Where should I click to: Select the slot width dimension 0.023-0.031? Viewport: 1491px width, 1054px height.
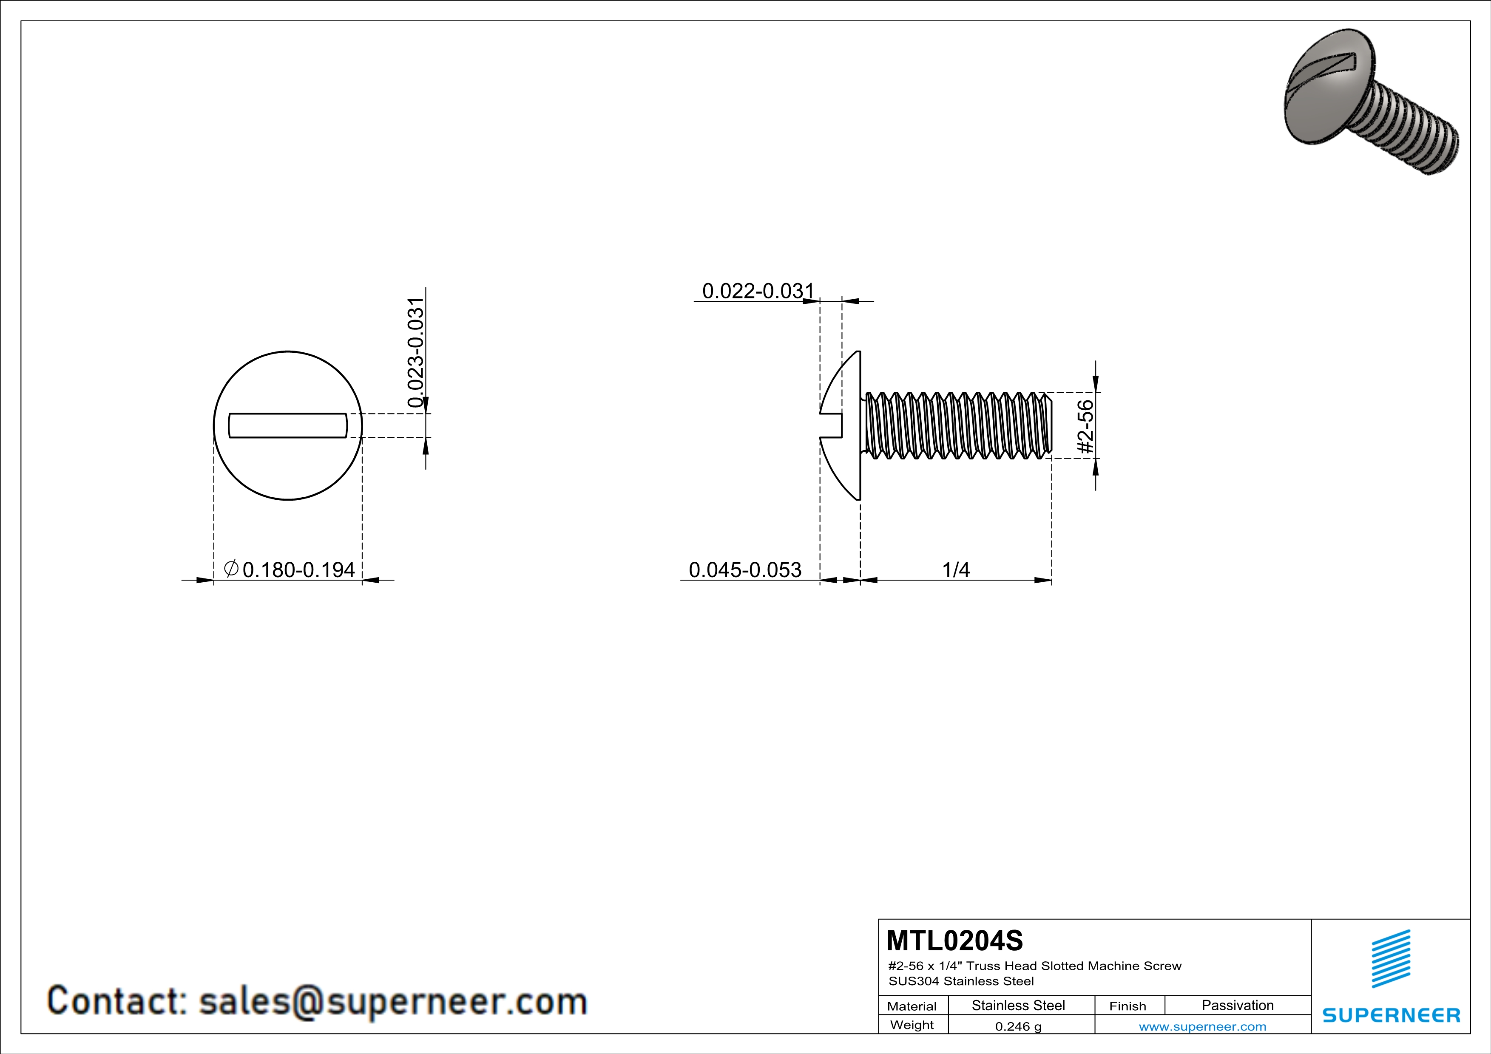(416, 352)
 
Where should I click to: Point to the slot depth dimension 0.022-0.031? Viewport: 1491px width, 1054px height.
(758, 291)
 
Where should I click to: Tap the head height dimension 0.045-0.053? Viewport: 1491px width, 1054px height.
(745, 570)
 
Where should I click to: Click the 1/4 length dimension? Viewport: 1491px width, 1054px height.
(955, 570)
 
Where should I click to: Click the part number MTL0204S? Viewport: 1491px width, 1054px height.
(954, 941)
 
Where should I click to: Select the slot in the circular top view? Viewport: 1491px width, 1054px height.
(288, 426)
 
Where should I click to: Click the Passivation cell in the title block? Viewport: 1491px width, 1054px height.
(1237, 1005)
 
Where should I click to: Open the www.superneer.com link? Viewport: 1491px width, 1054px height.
(1202, 1026)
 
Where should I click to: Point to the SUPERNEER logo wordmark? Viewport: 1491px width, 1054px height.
(1391, 1015)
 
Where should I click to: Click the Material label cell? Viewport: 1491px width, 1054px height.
(912, 1006)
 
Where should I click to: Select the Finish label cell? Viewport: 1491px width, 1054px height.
(1127, 1006)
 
